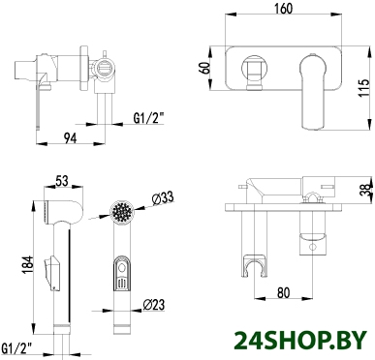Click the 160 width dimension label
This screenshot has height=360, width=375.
(284, 9)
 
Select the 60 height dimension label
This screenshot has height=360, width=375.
(205, 68)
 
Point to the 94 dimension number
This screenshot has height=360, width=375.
(70, 138)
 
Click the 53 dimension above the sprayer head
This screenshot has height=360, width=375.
(62, 181)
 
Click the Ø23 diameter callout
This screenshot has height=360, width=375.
(154, 305)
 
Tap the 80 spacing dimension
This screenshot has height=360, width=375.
(284, 292)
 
